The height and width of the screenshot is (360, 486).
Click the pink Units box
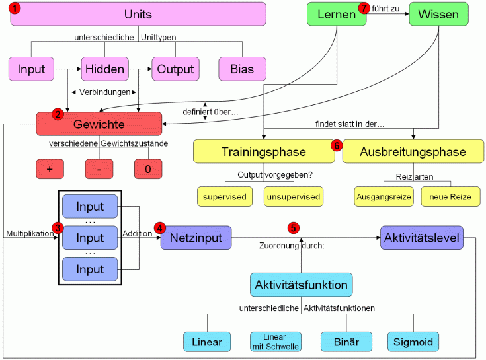[138, 14]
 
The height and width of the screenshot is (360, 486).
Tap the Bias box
[242, 69]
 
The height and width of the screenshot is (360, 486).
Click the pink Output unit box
[175, 69]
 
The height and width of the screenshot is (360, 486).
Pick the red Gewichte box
[99, 124]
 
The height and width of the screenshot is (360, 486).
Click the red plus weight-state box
[50, 169]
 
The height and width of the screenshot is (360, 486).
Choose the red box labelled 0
[148, 169]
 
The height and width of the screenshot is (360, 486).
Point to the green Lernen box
[337, 14]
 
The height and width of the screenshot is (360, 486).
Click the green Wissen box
[438, 14]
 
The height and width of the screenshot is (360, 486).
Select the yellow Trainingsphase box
[263, 152]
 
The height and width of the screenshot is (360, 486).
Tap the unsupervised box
[293, 196]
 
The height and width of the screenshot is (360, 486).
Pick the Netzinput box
[196, 237]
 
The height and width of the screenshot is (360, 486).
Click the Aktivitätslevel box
[422, 237]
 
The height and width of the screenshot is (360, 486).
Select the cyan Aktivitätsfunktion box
[301, 285]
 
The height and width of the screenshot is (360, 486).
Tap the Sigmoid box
[413, 342]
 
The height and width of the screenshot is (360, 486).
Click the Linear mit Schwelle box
[275, 342]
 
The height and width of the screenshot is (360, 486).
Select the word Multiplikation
[29, 234]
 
